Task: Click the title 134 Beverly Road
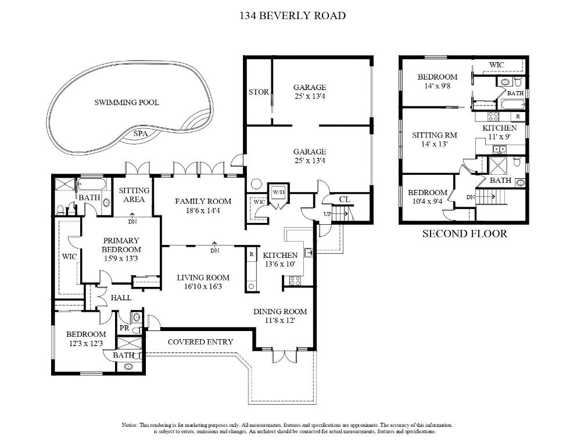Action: coord(292,16)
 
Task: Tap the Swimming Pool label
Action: coord(127,103)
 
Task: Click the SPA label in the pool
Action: coord(140,134)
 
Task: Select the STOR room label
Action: coord(259,92)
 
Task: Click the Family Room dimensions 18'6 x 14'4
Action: coord(203,211)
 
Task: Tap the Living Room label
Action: coord(203,278)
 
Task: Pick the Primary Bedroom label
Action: coord(121,245)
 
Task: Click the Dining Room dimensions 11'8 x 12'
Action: coord(280,320)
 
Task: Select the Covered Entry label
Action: coord(200,342)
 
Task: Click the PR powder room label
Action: coord(124,328)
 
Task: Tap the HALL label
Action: coord(121,298)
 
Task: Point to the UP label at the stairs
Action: coord(328,214)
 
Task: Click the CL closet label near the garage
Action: coord(345,199)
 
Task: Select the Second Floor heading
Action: coord(465,233)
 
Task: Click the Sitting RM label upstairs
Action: coord(435,135)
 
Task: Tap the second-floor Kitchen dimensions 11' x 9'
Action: coord(499,137)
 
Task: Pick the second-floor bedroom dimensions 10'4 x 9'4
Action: coord(427,201)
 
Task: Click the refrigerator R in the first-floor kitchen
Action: coord(252,254)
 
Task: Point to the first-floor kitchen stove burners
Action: coord(295,280)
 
